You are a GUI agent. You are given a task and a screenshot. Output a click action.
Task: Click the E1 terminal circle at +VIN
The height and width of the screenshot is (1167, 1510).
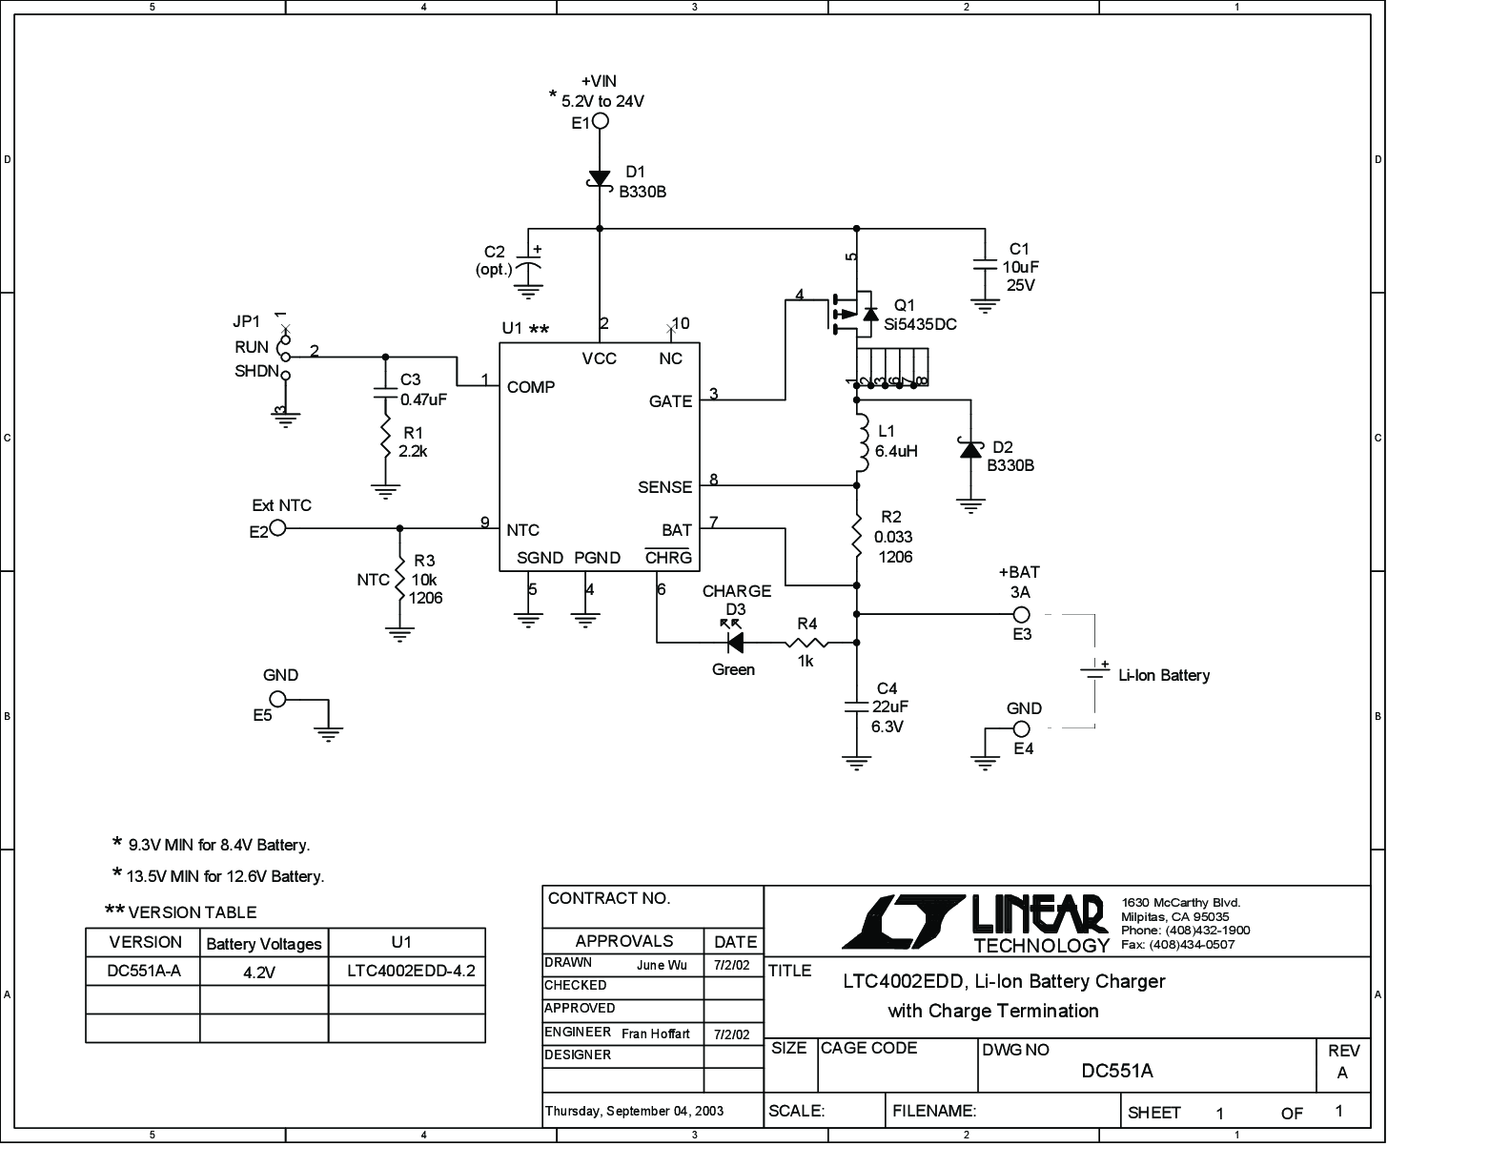[x=601, y=122]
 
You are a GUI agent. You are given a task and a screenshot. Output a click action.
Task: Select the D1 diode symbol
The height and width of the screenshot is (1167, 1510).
[x=600, y=178]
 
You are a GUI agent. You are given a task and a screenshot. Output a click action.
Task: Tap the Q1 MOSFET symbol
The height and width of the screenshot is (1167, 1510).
[x=853, y=315]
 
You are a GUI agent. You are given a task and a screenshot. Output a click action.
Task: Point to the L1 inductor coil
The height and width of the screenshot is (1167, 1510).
[x=863, y=443]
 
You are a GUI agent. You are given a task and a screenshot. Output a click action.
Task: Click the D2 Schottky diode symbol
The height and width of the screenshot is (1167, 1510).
[x=970, y=449]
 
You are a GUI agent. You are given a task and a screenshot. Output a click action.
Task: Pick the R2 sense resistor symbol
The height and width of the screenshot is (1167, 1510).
[x=857, y=536]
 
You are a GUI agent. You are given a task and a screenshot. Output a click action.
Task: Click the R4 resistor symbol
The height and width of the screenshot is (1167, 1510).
[x=806, y=643]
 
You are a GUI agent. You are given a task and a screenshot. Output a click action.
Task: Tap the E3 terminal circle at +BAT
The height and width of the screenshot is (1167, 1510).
[x=1021, y=614]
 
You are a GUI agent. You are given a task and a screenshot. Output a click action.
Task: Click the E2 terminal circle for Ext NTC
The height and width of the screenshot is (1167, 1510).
[x=278, y=528]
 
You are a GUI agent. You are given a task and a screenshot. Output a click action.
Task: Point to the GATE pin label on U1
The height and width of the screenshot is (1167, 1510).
[x=670, y=401]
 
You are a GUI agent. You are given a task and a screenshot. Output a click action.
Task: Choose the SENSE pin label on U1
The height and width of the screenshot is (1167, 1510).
[x=665, y=487]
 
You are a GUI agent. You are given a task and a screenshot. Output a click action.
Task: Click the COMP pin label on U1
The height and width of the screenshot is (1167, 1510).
[x=531, y=387]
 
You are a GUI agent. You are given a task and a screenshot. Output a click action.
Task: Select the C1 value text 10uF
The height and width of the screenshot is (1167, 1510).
[x=1021, y=267]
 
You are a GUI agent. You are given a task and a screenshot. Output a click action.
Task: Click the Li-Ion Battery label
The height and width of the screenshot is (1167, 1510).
[x=1164, y=675]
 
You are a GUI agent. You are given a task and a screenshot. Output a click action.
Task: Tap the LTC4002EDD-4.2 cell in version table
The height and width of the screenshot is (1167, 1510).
[x=412, y=971]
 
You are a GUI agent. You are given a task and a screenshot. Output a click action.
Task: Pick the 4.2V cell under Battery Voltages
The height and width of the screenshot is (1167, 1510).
[x=259, y=972]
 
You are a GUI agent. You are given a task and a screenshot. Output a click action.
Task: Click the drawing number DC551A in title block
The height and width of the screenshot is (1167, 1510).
[x=1116, y=1071]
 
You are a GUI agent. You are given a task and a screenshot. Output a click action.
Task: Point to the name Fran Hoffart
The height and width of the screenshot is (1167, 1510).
[x=655, y=1034]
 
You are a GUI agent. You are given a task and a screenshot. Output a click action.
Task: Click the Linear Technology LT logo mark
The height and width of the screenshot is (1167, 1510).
[x=904, y=922]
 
